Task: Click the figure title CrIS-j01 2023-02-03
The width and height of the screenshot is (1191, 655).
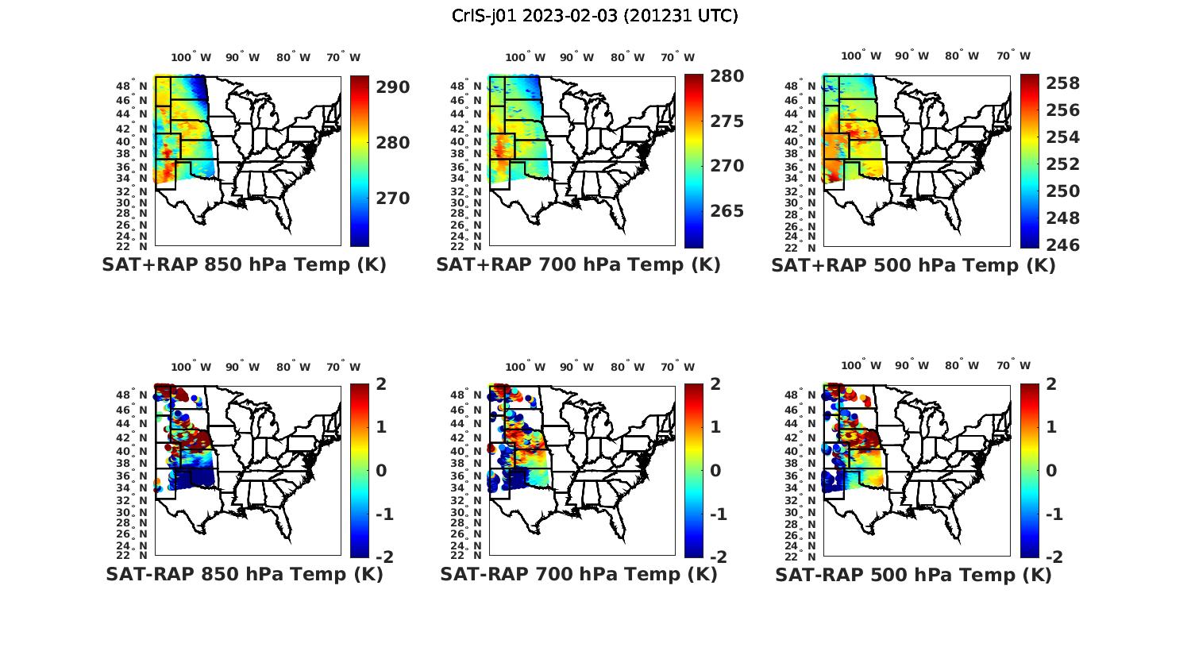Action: (x=595, y=16)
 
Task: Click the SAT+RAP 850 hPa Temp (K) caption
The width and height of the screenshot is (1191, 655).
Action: (x=244, y=265)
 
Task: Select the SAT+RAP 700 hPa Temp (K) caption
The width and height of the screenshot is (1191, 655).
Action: (x=578, y=265)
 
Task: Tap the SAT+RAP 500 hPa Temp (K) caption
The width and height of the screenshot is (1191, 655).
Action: (x=913, y=266)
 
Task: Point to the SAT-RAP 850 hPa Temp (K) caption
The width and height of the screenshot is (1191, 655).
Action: (x=245, y=574)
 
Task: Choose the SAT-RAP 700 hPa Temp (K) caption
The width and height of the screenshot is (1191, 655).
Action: (x=579, y=574)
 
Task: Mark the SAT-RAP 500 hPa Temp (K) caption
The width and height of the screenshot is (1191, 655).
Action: (x=913, y=575)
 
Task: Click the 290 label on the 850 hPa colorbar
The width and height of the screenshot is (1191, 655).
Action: (x=393, y=87)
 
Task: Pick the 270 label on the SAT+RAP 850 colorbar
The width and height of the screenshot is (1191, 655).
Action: (x=393, y=198)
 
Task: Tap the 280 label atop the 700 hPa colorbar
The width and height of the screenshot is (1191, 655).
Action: (x=727, y=76)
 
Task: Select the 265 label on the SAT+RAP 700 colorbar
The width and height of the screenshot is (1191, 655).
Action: (x=727, y=211)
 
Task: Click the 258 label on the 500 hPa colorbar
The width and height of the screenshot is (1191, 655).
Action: (x=1062, y=83)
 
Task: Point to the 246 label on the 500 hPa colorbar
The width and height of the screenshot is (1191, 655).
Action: (x=1062, y=245)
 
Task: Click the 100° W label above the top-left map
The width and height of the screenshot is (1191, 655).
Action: (x=191, y=57)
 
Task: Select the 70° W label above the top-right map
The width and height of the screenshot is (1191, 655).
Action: (x=1013, y=56)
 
